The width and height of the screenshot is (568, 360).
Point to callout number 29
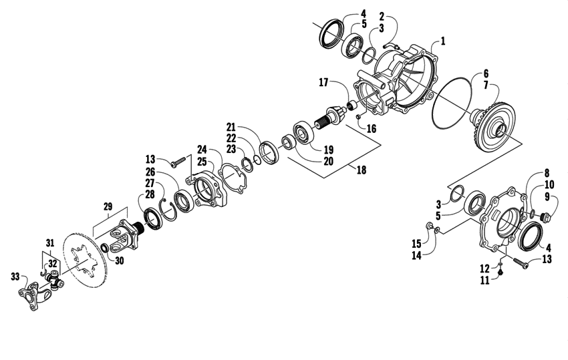pos(107,208)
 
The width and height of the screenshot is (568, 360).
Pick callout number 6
pos(486,73)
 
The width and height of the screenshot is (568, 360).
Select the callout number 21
pos(231,127)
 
